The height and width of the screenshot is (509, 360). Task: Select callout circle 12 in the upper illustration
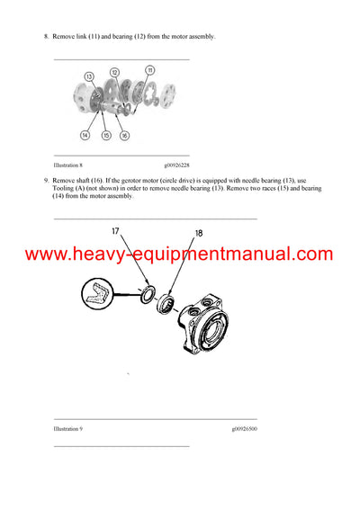tap(114, 72)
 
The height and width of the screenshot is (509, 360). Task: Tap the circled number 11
tap(149, 69)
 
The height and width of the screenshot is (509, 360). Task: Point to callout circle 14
tap(85, 135)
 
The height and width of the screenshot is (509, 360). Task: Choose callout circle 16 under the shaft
tap(123, 135)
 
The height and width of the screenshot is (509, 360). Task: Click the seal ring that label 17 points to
tap(146, 292)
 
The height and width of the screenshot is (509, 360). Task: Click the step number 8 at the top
tap(45, 36)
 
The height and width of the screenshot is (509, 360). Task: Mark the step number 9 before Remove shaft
tap(45, 181)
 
